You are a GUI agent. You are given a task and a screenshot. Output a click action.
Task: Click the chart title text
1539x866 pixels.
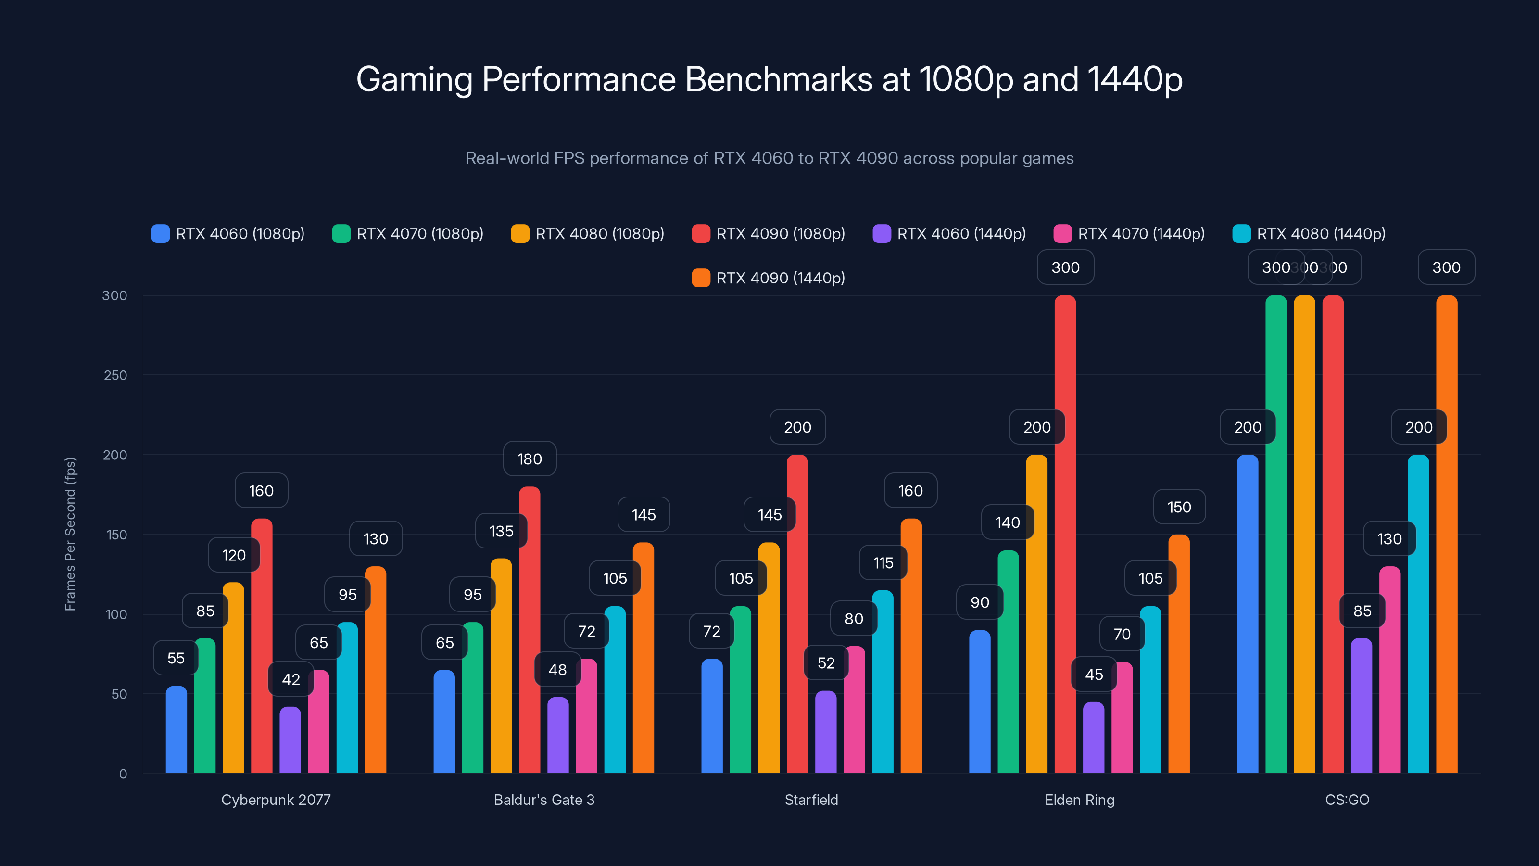769,79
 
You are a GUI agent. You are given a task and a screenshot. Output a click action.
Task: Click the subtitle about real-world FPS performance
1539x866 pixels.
769,158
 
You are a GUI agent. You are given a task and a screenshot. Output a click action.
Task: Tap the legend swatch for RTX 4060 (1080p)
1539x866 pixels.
160,234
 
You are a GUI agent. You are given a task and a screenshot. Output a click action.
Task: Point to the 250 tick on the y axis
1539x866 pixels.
115,375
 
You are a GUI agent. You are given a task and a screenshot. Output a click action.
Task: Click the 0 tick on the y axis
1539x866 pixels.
123,774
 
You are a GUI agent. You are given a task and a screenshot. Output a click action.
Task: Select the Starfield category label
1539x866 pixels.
811,800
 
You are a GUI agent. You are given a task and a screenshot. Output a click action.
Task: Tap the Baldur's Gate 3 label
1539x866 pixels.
543,800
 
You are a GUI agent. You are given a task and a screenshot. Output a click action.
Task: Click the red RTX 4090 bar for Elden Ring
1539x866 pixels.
1065,538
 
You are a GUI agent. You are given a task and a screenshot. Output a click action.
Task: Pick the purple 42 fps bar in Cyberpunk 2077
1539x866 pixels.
290,741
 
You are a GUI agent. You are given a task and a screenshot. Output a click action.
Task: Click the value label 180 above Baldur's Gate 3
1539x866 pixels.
530,459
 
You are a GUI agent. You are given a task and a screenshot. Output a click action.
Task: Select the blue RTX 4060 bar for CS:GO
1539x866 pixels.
1248,616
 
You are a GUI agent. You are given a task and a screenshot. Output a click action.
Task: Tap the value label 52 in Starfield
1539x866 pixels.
826,663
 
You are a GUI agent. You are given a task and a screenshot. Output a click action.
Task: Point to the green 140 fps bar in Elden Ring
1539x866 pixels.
1008,663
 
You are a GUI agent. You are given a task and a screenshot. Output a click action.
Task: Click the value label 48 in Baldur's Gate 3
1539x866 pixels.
557,670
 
